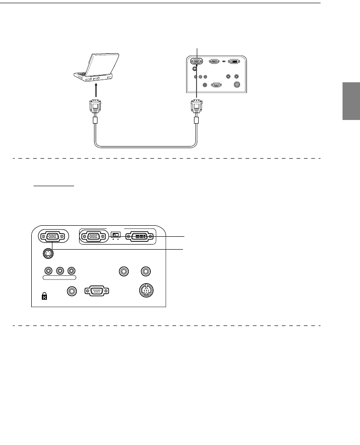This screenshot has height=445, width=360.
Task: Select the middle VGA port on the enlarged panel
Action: (x=93, y=236)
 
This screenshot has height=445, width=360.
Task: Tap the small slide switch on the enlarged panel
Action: (x=115, y=235)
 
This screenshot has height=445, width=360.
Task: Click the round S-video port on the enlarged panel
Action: (x=46, y=253)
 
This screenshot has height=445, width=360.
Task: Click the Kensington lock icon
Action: (x=45, y=297)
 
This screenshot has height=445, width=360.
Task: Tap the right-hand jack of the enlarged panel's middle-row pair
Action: (x=146, y=271)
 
